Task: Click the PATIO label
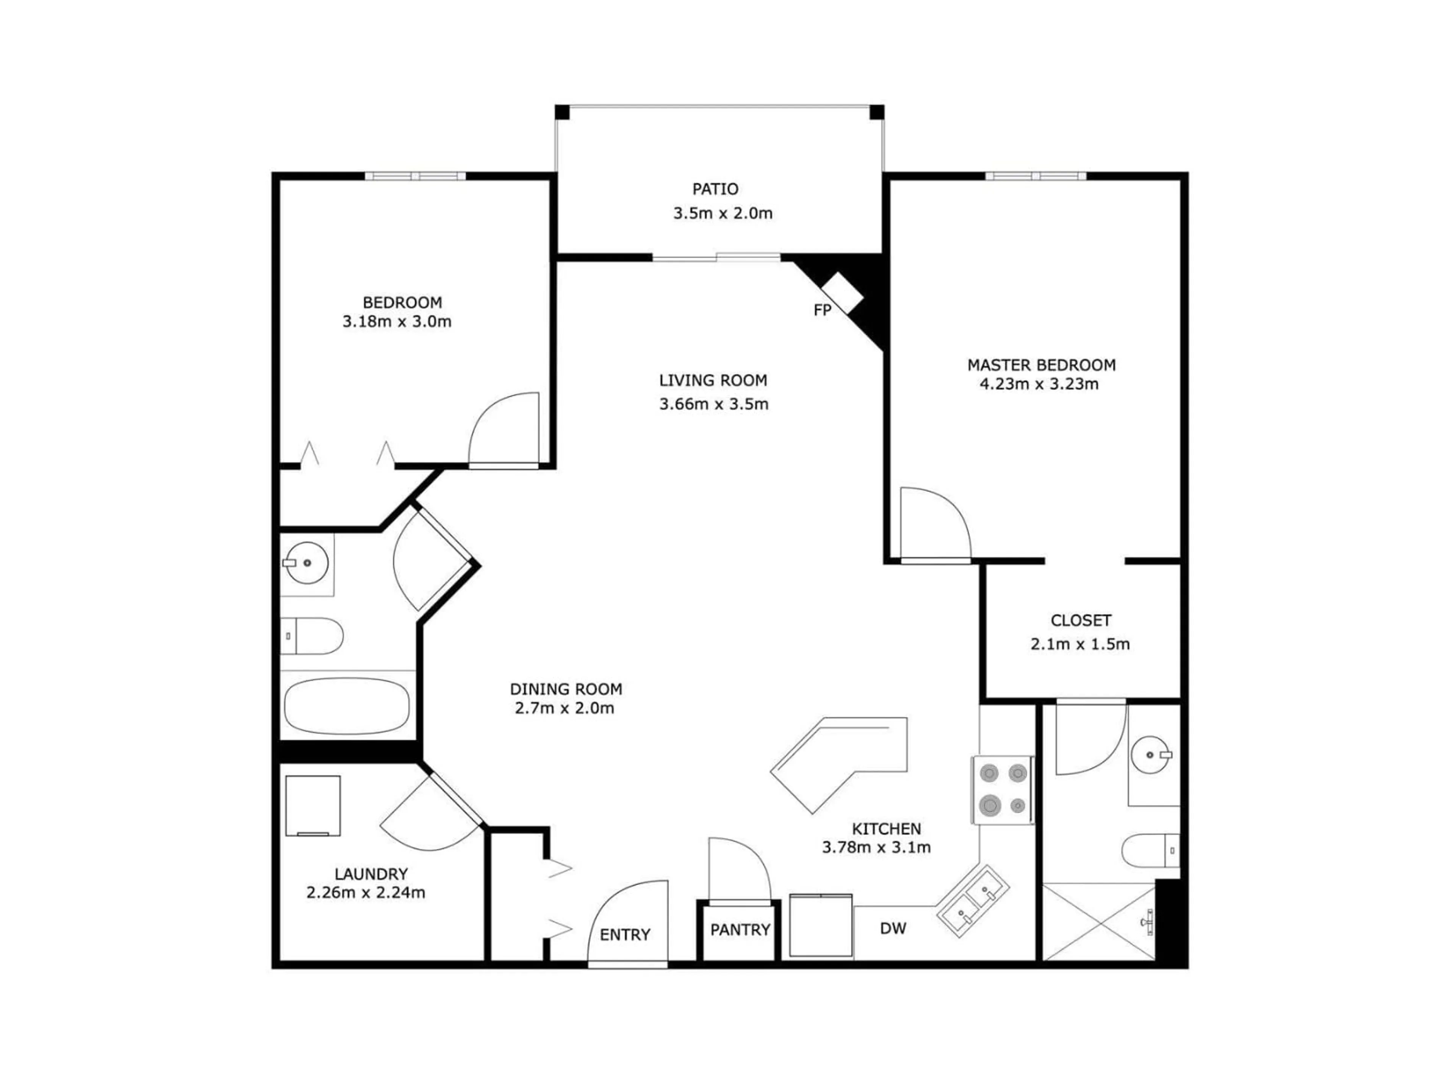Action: [x=715, y=189]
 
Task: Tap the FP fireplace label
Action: [x=822, y=310]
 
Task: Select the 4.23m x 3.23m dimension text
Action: [x=1039, y=384]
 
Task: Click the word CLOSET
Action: [x=1081, y=620]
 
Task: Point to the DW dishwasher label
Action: [x=893, y=928]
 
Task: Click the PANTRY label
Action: [x=740, y=929]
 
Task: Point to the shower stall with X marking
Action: [x=1098, y=921]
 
